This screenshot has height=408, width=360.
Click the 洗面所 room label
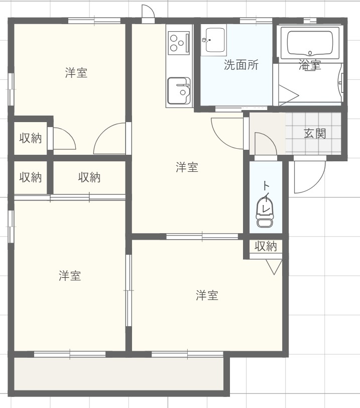pos(241,65)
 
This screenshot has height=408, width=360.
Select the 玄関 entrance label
pos(315,134)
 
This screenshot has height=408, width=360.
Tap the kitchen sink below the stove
pos(179,91)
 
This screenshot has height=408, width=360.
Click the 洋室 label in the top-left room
pos(76,73)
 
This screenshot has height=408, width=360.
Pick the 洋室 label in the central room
pos(187,168)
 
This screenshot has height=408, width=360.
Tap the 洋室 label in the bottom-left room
pos(70,275)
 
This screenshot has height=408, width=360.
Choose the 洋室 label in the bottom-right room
pos(207,295)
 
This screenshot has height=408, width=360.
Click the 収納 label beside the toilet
pos(266,246)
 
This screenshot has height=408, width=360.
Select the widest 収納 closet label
pos(89,177)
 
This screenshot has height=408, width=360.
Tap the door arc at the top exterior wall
pos(147,12)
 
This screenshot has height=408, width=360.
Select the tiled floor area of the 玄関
pos(313,133)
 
